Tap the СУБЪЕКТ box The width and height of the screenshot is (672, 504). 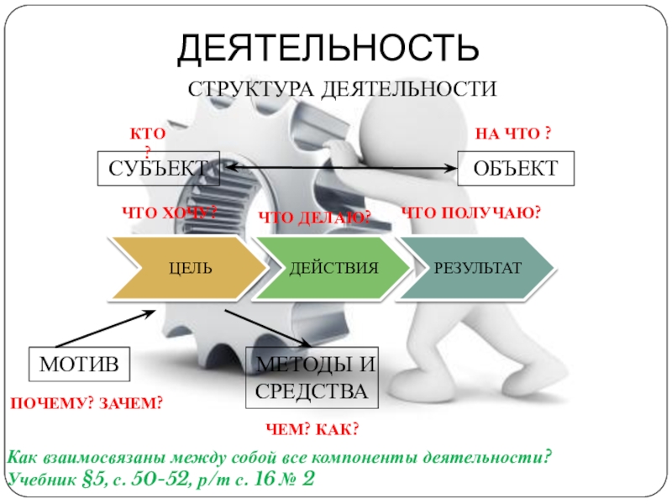[x=158, y=169]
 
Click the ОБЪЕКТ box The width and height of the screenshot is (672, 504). [x=515, y=169]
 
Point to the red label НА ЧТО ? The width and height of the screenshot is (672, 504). [x=513, y=134]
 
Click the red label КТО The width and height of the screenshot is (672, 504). [x=147, y=134]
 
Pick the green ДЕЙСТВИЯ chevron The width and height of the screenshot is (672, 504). [x=333, y=268]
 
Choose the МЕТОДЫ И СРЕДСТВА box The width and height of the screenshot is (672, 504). [x=312, y=377]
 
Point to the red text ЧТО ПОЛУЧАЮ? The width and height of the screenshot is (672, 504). [x=470, y=213]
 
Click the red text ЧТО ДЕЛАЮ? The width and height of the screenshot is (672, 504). [x=314, y=218]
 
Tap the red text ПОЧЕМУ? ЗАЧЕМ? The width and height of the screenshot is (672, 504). [x=85, y=404]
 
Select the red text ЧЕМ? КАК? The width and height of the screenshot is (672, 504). [x=312, y=429]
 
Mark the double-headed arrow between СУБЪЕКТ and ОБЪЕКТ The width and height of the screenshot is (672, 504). [x=336, y=169]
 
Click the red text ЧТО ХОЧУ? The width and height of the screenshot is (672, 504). [x=170, y=213]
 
